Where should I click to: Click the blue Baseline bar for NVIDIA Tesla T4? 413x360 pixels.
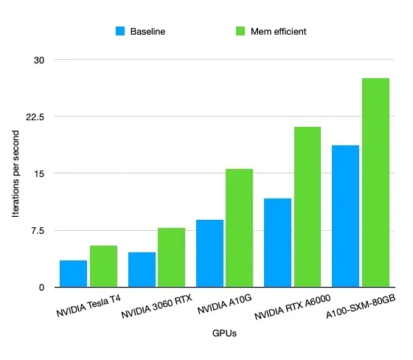[x=73, y=274]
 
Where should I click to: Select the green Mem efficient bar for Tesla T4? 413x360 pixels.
[x=103, y=266]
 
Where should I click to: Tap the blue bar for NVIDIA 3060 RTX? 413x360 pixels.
[x=142, y=269]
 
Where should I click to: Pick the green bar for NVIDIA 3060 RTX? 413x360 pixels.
[x=171, y=257]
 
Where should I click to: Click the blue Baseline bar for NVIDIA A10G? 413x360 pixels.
[x=209, y=253]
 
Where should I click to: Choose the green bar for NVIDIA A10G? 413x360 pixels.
[x=240, y=228]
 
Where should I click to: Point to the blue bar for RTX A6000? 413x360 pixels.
[x=277, y=243]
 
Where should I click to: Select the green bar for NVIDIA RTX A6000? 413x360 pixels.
[x=308, y=207]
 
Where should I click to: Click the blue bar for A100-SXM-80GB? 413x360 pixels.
[x=345, y=216]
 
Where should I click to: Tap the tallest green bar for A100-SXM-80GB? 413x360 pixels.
[x=375, y=183]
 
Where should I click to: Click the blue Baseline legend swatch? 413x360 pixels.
[x=120, y=31]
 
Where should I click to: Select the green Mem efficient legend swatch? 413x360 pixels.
[x=240, y=31]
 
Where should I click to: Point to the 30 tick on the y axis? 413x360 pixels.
[x=39, y=60]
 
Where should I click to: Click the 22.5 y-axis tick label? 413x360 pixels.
[x=35, y=117]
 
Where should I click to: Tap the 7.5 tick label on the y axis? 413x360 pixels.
[x=38, y=231]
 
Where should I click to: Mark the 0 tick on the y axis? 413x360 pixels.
[x=41, y=288]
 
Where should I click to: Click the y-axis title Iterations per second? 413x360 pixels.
[x=15, y=173]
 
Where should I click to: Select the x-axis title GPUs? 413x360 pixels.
[x=224, y=333]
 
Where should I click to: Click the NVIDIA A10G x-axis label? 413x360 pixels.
[x=225, y=304]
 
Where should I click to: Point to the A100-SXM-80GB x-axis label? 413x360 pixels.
[x=361, y=306]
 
